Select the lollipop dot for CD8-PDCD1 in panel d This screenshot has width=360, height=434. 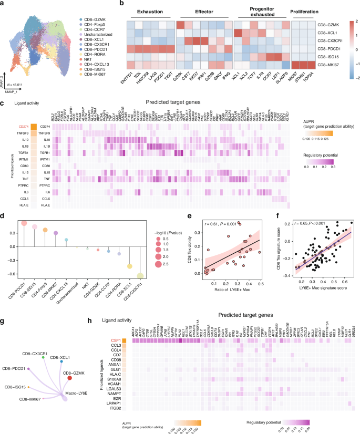24,223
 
